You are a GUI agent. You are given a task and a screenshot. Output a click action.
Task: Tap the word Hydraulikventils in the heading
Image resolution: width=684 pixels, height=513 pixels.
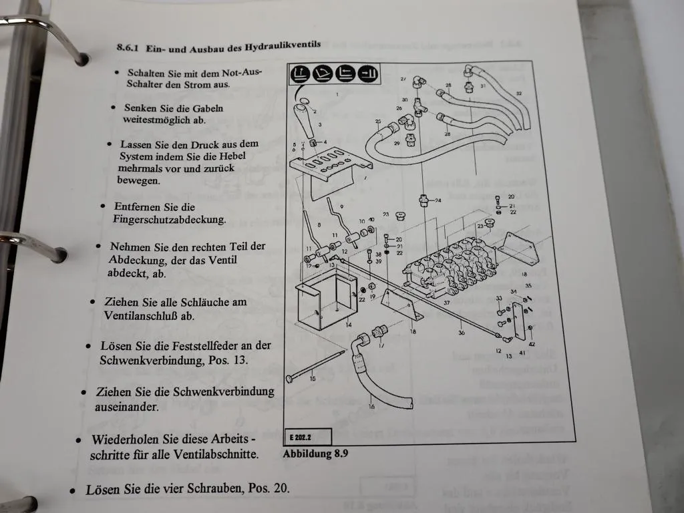coord(282,45)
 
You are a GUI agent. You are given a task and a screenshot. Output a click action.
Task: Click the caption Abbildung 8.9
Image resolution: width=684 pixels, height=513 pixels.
coord(316,454)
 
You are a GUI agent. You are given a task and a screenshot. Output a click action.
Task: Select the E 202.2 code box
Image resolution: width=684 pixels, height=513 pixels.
coord(307,437)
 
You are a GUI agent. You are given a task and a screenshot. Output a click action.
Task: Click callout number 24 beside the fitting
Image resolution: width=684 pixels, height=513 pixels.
coord(438,200)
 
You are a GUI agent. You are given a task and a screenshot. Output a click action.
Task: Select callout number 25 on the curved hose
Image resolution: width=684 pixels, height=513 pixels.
coord(377,122)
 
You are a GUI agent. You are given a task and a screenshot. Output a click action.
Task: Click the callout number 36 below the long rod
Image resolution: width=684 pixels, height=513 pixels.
coord(461,332)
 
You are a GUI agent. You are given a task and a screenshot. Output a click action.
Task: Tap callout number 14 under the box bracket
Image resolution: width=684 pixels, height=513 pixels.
coord(349,325)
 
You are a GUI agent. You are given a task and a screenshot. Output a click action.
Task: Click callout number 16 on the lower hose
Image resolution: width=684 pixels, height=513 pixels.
coord(371,405)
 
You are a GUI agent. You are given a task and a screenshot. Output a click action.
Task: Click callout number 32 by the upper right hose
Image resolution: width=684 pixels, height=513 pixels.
coord(518,94)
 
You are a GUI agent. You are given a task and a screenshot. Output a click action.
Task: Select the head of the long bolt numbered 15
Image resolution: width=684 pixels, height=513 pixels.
coord(290,379)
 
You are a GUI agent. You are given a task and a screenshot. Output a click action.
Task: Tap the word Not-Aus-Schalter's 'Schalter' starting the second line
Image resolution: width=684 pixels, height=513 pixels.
coord(145,84)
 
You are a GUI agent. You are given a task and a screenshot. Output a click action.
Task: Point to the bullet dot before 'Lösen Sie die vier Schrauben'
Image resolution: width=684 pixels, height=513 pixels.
coord(73,491)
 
